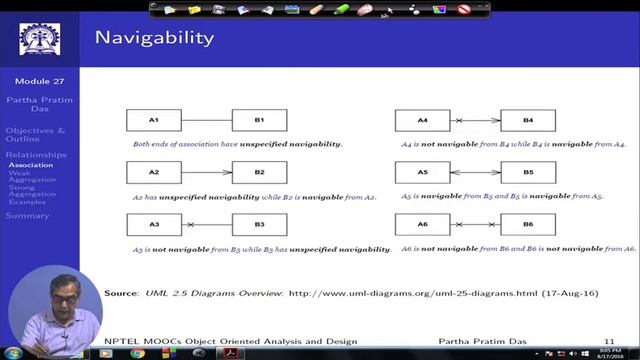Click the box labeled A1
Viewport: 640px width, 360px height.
pos(153,121)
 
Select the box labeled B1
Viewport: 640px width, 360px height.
pos(259,121)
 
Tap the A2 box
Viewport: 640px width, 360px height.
pos(153,173)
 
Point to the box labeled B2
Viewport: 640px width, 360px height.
pos(259,173)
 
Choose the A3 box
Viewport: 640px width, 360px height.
pos(153,224)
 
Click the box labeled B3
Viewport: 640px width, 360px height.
pos(259,224)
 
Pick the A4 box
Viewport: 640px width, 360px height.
pos(422,121)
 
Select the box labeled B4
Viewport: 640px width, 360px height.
pos(528,121)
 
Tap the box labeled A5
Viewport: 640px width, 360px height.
pos(422,173)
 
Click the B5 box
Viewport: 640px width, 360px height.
pos(528,173)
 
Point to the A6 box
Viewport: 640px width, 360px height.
pos(422,224)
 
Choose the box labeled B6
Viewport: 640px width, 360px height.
pos(528,224)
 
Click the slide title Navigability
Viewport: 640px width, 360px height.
pos(153,38)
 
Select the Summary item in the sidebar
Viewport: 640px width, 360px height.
pos(26,215)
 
